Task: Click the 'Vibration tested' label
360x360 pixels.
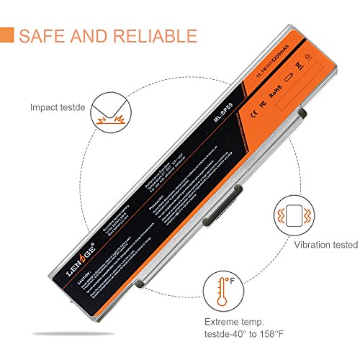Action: (324, 245)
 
